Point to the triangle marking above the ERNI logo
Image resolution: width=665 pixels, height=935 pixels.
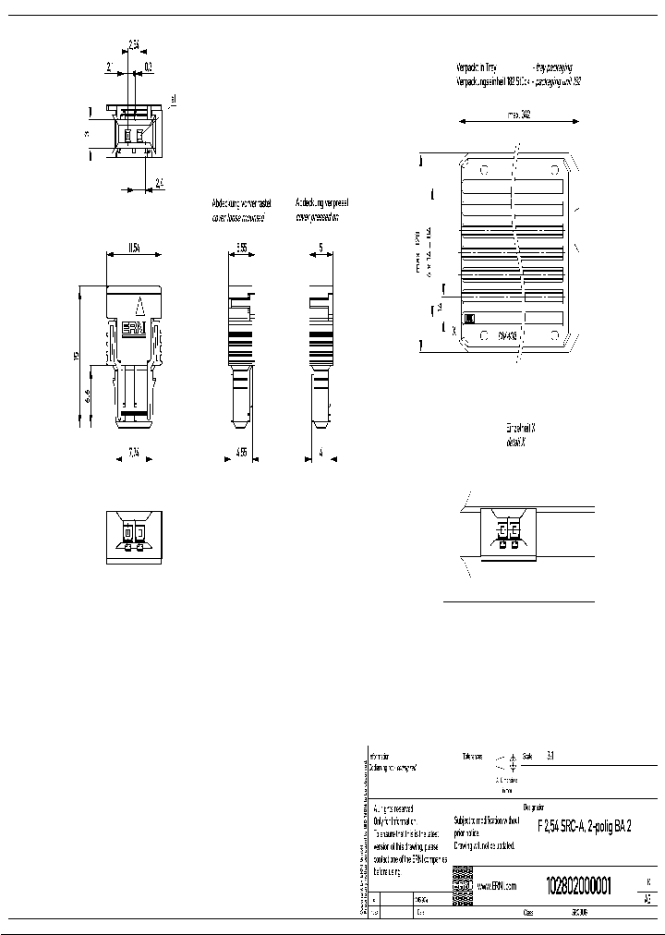pos(138,305)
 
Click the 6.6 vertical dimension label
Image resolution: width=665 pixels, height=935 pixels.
pos(87,396)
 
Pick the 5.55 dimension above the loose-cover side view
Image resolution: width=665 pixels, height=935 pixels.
pos(242,248)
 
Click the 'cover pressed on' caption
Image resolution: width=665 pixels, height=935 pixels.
pos(317,218)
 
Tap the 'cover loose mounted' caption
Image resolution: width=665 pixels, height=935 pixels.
pos(237,218)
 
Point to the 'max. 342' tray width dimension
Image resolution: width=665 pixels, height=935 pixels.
pos(518,115)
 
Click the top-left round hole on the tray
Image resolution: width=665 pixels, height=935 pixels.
pos(483,169)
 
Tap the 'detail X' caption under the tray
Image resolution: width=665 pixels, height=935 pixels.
pos(520,443)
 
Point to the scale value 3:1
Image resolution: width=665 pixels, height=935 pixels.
pos(551,756)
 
